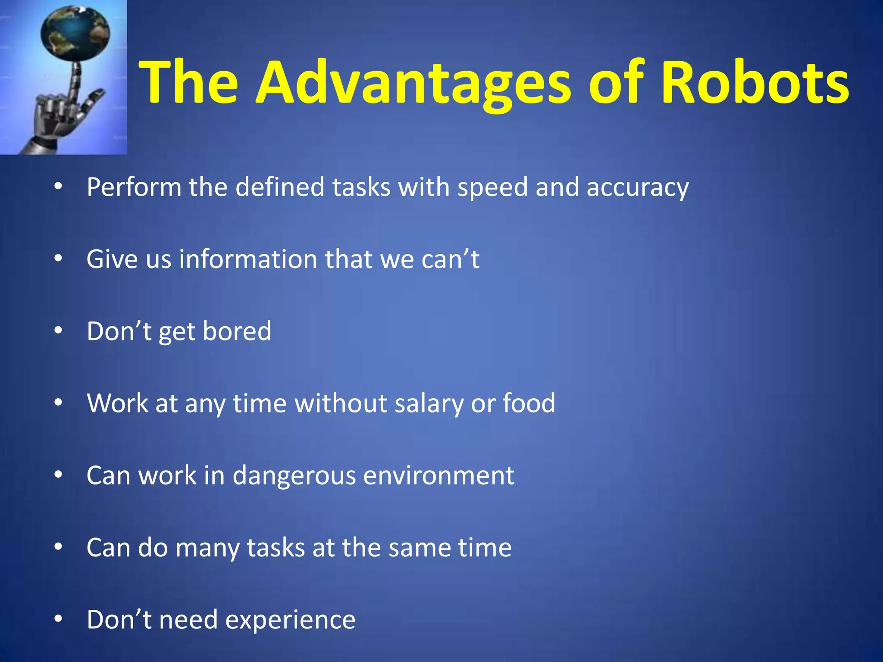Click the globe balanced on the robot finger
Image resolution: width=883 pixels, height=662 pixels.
75,32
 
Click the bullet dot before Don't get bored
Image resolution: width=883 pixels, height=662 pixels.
59,331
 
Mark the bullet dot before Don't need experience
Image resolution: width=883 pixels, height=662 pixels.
59,619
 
